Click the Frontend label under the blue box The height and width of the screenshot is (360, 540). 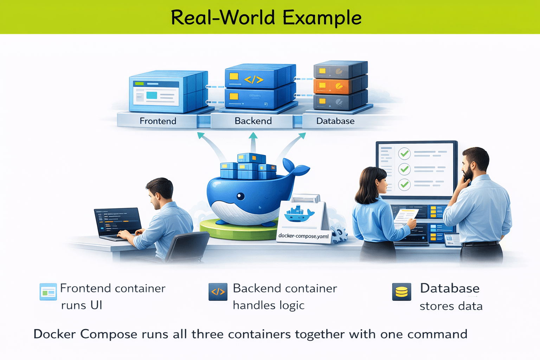(x=158, y=121)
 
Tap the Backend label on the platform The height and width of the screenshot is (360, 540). (x=253, y=121)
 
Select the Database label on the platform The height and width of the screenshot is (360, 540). (x=335, y=121)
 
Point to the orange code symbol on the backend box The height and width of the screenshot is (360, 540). (x=254, y=80)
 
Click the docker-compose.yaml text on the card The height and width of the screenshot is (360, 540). (x=303, y=236)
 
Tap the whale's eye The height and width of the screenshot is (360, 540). (x=240, y=196)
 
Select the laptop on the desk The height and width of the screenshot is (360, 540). (x=118, y=223)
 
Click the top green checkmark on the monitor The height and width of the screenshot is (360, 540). (x=405, y=154)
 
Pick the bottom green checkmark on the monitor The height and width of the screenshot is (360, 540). (x=405, y=184)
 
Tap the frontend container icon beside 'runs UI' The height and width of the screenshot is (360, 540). (x=48, y=291)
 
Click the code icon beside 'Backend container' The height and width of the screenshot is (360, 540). (x=218, y=291)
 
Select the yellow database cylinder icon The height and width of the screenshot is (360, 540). (x=401, y=292)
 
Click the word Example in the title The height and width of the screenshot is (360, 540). (x=322, y=18)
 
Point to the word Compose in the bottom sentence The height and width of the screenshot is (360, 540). (x=109, y=334)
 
